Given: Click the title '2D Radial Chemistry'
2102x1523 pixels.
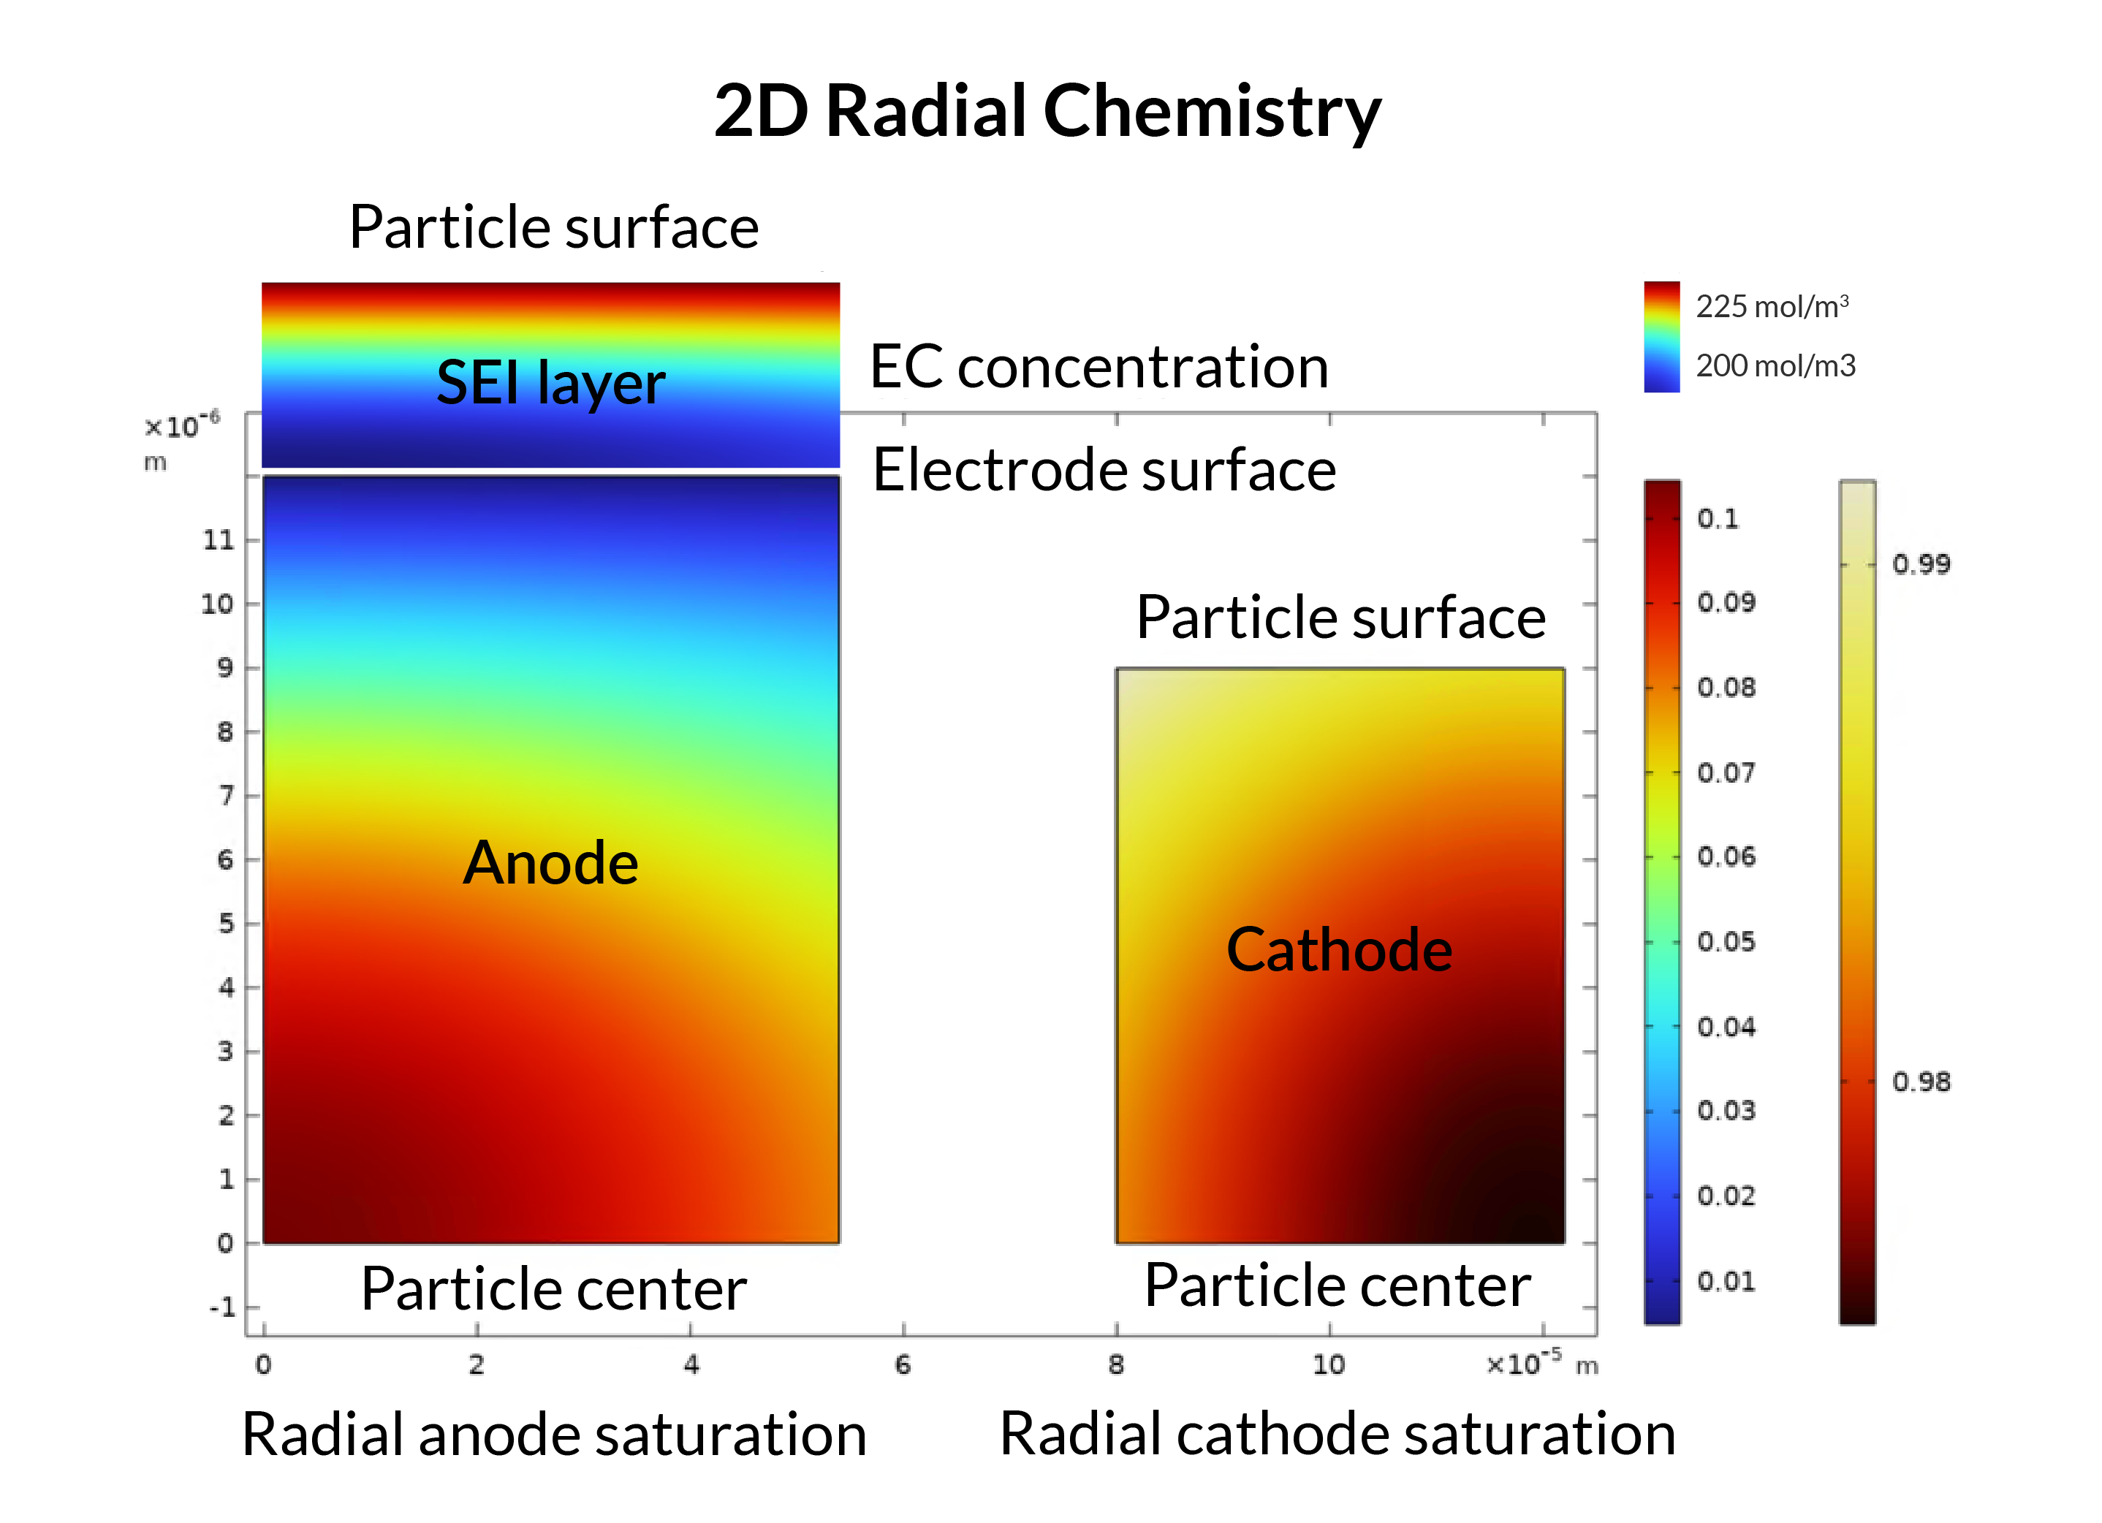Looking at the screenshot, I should pyautogui.click(x=1047, y=111).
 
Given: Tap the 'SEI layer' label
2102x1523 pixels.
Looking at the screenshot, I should pyautogui.click(x=550, y=383).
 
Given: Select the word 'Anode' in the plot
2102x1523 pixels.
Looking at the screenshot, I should pyautogui.click(x=550, y=863).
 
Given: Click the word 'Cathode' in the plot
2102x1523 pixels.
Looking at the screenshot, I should pyautogui.click(x=1339, y=950).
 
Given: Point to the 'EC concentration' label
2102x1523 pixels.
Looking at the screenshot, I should pyautogui.click(x=1099, y=367).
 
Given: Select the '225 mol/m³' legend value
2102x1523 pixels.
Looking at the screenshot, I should pyautogui.click(x=1772, y=306).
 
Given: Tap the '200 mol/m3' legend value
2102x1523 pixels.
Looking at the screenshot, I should pyautogui.click(x=1775, y=366).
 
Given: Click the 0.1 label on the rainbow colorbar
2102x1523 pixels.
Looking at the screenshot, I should pyautogui.click(x=1718, y=518).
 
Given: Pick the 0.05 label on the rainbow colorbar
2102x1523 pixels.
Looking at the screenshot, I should pyautogui.click(x=1726, y=942).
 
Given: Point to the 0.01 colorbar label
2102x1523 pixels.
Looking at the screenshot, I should pyautogui.click(x=1726, y=1281).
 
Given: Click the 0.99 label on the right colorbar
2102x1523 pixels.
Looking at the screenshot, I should pyautogui.click(x=1921, y=563).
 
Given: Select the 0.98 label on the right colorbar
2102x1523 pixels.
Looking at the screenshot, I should pyautogui.click(x=1921, y=1082).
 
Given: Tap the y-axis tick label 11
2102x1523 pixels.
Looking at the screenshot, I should pyautogui.click(x=219, y=539).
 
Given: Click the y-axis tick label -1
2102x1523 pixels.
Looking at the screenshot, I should pyautogui.click(x=222, y=1307).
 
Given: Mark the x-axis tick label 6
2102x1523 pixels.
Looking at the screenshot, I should pyautogui.click(x=903, y=1364).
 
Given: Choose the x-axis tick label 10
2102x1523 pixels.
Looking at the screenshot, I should pyautogui.click(x=1328, y=1364).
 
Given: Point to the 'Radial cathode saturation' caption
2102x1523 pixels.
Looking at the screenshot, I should pyautogui.click(x=1338, y=1434).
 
